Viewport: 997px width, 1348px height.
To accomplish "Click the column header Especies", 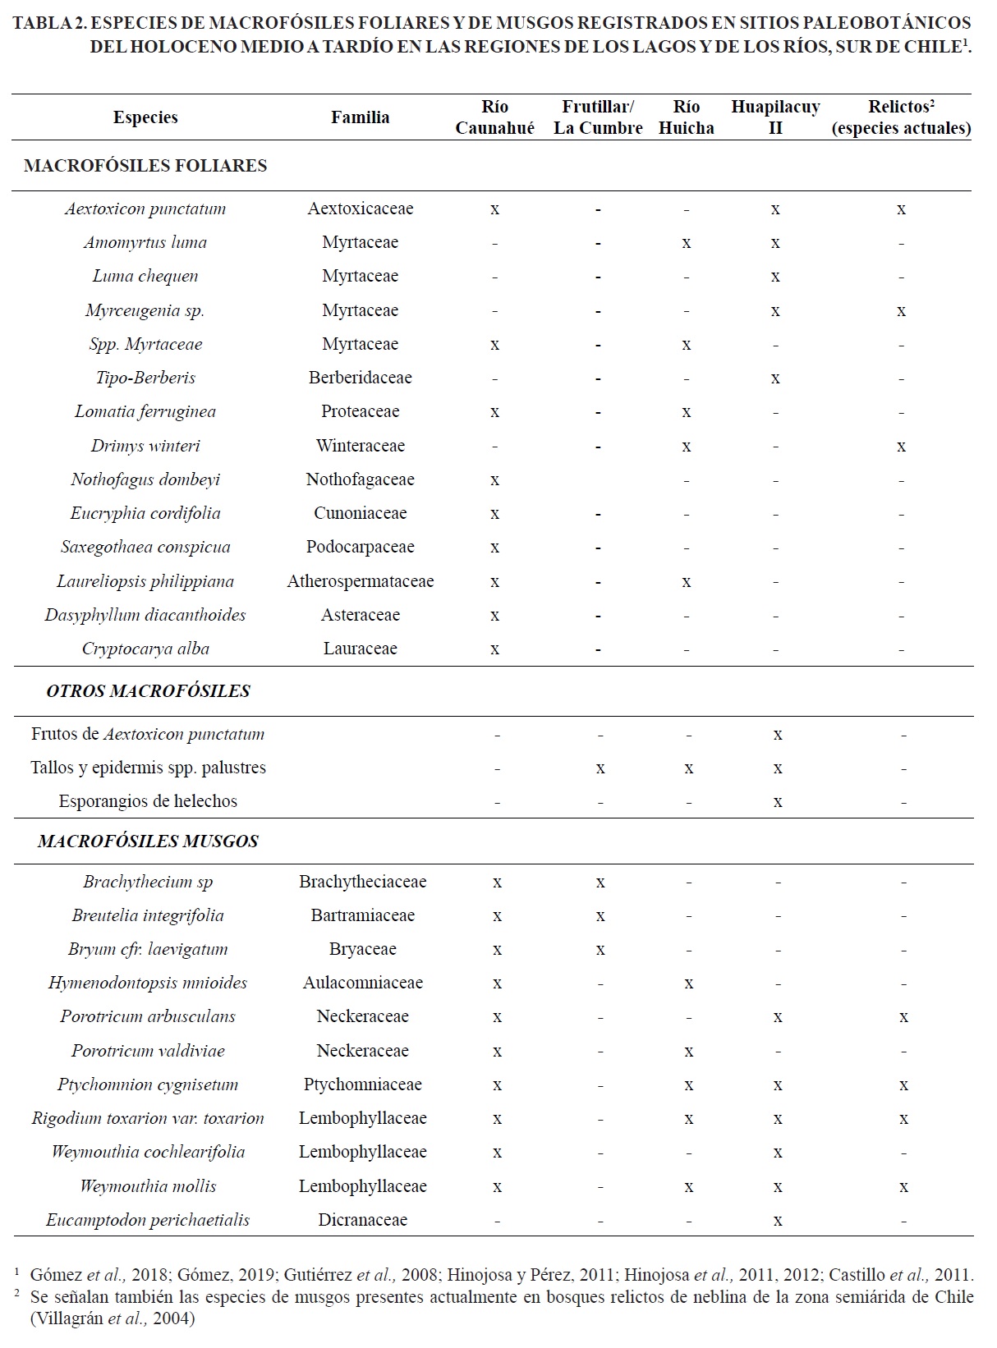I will tap(145, 117).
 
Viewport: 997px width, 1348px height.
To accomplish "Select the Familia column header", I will tap(360, 117).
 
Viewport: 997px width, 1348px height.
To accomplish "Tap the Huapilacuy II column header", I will tap(775, 117).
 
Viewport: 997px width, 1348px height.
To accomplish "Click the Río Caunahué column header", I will tap(494, 117).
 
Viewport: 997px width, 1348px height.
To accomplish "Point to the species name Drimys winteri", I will tap(145, 446).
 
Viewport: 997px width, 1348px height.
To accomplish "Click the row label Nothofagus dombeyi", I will tap(145, 479).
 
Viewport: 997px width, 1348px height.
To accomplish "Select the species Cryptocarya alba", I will tap(145, 649).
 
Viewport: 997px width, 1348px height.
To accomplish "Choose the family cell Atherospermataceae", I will tap(360, 581).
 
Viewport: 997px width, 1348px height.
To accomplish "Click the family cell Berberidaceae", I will tap(360, 378).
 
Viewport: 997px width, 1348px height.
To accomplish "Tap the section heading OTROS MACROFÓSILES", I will tap(148, 691).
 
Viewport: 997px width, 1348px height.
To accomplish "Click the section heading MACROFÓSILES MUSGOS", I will tap(148, 841).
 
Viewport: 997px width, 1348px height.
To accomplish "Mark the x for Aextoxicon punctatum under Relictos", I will tap(901, 209).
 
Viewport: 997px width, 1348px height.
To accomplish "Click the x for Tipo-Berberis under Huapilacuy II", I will tap(775, 378).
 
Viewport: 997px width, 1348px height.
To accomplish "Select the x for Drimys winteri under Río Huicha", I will tap(687, 447).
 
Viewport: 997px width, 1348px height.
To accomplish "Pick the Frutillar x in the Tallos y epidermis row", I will tap(600, 768).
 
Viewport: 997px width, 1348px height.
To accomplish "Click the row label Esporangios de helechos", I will tap(148, 801).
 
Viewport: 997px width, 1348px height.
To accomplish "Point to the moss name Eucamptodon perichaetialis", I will tap(148, 1220).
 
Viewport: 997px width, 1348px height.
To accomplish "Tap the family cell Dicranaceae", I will tap(362, 1220).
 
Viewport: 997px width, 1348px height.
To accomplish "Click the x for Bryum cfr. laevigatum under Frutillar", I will tap(600, 950).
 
